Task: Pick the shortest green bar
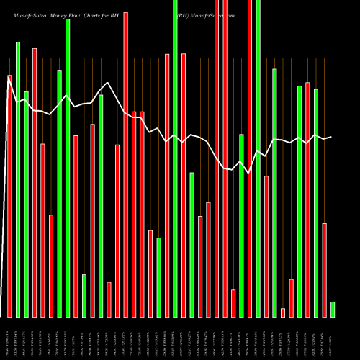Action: [x=333, y=310]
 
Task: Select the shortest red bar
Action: [x=283, y=312]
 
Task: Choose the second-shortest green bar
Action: [x=84, y=296]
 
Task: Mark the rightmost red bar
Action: [x=325, y=270]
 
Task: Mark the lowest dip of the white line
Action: [x=249, y=174]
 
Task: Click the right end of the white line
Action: [x=331, y=137]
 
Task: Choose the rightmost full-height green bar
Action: [x=258, y=158]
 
